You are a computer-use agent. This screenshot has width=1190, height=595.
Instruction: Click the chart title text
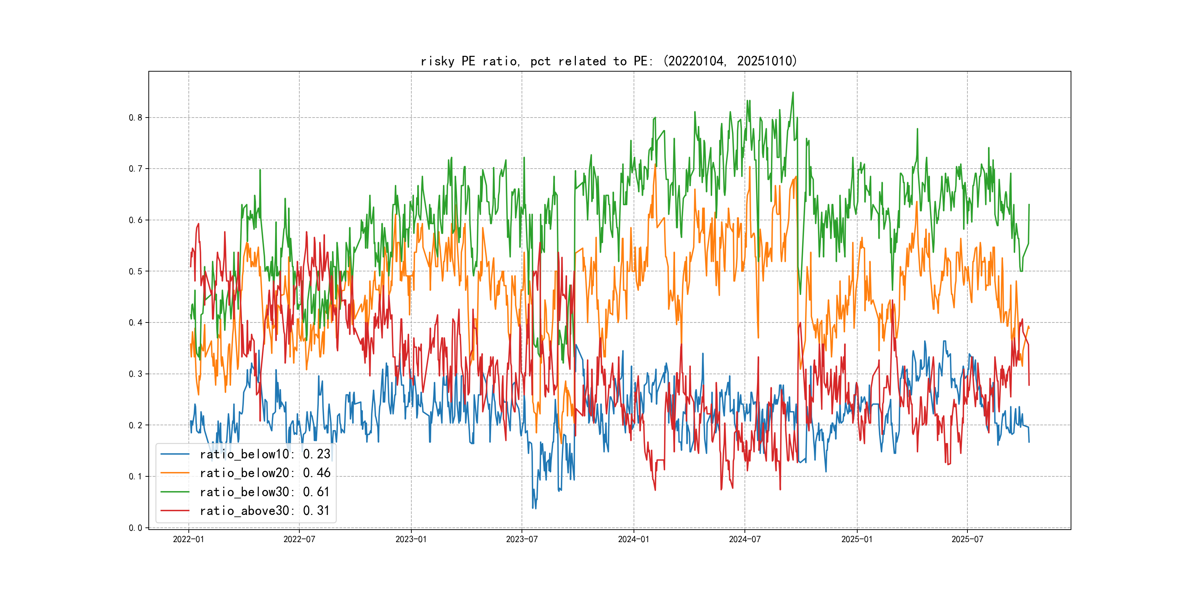(609, 61)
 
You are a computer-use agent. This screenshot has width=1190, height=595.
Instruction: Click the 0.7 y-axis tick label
(136, 169)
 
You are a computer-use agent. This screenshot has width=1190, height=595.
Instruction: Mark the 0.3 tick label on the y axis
(136, 374)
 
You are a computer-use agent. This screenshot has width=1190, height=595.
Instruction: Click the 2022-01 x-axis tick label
(188, 540)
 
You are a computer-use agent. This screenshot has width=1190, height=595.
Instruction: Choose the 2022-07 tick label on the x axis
(299, 540)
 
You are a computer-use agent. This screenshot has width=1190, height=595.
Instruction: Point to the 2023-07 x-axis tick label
(522, 540)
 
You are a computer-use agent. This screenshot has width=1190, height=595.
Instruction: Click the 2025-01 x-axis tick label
(857, 540)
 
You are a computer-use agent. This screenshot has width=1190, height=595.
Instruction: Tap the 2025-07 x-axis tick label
(967, 540)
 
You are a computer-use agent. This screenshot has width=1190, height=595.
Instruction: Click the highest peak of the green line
(793, 93)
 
